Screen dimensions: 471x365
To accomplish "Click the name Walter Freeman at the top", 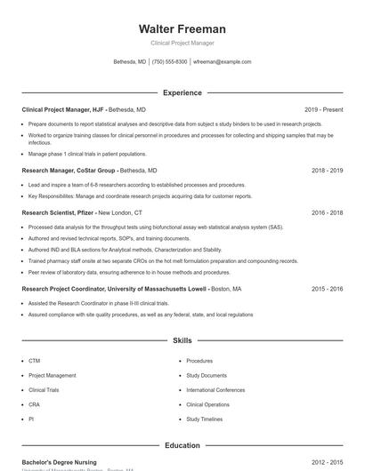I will click(x=182, y=28).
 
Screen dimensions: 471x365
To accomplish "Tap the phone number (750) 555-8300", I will click(x=169, y=62).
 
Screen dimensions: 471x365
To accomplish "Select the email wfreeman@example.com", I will click(x=223, y=62).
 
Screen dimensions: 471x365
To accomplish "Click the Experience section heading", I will click(x=182, y=92).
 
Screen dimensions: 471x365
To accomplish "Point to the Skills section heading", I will click(x=182, y=340).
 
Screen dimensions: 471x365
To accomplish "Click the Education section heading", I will click(x=182, y=445).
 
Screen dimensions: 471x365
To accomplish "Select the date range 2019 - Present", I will click(x=323, y=109).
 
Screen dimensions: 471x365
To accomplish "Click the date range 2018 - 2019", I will click(x=327, y=170).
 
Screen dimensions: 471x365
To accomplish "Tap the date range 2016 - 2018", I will click(x=327, y=212).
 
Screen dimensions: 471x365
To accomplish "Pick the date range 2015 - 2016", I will click(x=327, y=289).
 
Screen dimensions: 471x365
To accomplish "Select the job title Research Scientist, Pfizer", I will click(x=57, y=212).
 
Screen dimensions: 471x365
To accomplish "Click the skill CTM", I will click(x=34, y=361).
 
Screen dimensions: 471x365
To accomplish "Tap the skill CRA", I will click(x=34, y=404).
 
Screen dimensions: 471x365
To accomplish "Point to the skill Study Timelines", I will click(x=205, y=419).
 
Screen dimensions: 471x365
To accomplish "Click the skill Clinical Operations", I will click(x=207, y=404).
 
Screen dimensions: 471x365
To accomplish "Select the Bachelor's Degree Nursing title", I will click(x=59, y=462).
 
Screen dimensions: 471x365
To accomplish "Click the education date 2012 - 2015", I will click(x=327, y=462).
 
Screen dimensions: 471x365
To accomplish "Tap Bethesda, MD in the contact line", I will click(x=130, y=62).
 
